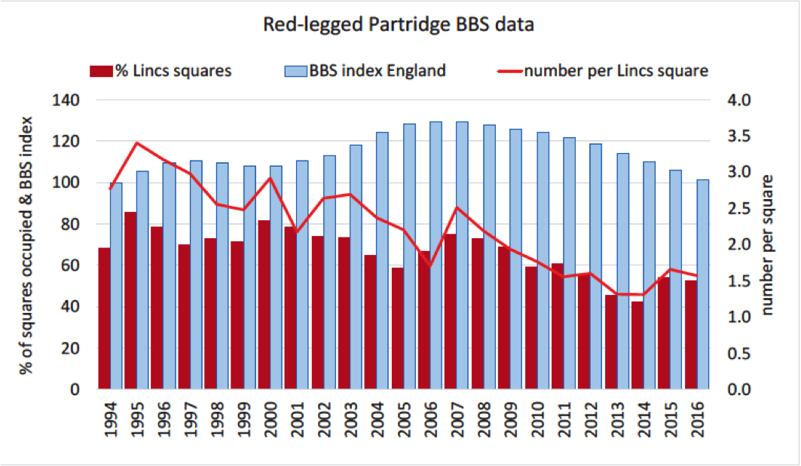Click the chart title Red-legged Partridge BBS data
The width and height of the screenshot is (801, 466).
coord(399,25)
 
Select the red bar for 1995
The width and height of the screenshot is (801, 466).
coord(131,302)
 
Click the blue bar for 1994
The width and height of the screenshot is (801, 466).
coord(116,287)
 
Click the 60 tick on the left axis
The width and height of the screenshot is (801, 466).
coord(72,265)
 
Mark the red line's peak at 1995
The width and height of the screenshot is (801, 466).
coord(136,143)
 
